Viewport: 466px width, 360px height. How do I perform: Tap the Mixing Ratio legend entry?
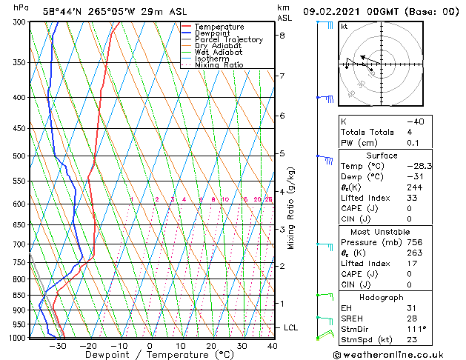click(219, 65)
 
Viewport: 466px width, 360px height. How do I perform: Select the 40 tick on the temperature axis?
click(273, 345)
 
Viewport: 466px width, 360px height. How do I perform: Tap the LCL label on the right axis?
click(292, 327)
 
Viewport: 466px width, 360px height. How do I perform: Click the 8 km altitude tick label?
click(282, 36)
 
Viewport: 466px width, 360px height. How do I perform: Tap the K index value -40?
click(416, 121)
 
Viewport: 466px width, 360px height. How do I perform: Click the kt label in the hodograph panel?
click(344, 26)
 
